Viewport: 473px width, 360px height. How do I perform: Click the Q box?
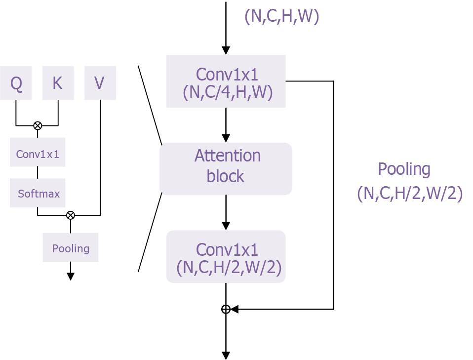pyautogui.click(x=16, y=83)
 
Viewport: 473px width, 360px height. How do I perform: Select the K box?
pyautogui.click(x=58, y=83)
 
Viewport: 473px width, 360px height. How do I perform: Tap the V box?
pyautogui.click(x=100, y=83)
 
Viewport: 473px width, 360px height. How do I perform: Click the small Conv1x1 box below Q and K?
pyautogui.click(x=38, y=154)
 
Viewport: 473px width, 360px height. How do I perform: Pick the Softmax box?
pyautogui.click(x=38, y=193)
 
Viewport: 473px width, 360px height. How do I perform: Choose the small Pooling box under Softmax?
pyautogui.click(x=71, y=248)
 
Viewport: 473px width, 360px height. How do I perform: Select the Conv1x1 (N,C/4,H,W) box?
pyautogui.click(x=226, y=81)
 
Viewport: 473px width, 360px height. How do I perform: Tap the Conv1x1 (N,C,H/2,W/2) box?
pyautogui.click(x=226, y=257)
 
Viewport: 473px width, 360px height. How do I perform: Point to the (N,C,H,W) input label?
pyautogui.click(x=282, y=17)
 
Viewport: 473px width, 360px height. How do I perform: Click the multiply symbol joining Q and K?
pyautogui.click(x=38, y=125)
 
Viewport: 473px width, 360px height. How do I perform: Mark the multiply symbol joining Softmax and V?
pyautogui.click(x=71, y=215)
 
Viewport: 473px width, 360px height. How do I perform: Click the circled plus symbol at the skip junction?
pyautogui.click(x=226, y=309)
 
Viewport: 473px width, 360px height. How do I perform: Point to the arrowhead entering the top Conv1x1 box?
pyautogui.click(x=226, y=51)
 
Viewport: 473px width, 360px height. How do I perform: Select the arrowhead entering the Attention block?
pyautogui.click(x=226, y=138)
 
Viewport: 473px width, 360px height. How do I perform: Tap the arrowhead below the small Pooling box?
pyautogui.click(x=71, y=277)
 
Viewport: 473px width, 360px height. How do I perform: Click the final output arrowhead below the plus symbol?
pyautogui.click(x=226, y=356)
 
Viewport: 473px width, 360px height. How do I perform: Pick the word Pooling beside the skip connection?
pyautogui.click(x=404, y=169)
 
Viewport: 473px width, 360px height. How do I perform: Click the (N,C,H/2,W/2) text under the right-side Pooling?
pyautogui.click(x=409, y=194)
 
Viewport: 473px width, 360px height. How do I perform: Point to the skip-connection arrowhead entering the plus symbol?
pyautogui.click(x=235, y=309)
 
